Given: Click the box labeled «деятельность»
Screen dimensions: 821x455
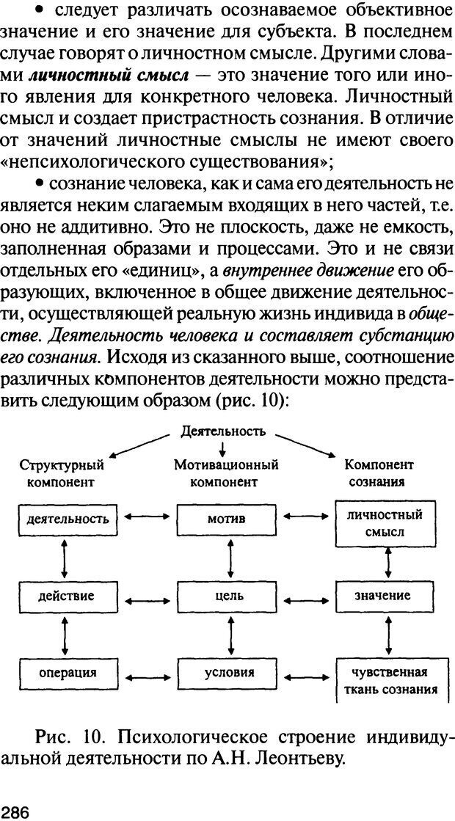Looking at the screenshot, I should [x=68, y=519].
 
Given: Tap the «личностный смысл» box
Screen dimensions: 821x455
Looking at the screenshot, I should [x=385, y=523].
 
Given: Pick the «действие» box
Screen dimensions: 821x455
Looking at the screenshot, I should [x=68, y=595].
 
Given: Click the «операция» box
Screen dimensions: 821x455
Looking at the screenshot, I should [x=68, y=671].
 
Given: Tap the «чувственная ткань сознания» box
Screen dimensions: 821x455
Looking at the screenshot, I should [x=385, y=681].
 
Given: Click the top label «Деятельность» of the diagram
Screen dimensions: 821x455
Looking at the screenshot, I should [x=224, y=431].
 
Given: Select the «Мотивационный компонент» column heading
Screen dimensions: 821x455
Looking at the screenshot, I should [x=226, y=473].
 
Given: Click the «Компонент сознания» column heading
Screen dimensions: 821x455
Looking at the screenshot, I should [x=379, y=473].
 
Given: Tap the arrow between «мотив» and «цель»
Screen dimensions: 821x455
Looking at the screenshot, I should [x=231, y=558].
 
